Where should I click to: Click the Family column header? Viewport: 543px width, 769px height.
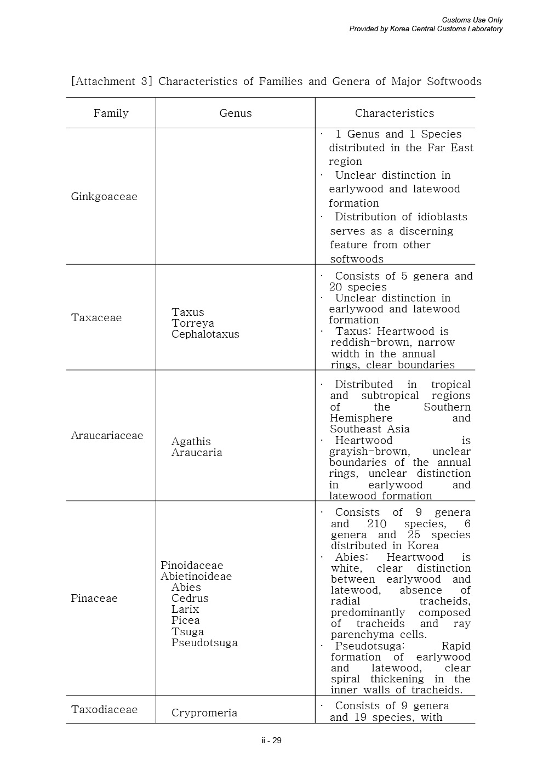[111, 113]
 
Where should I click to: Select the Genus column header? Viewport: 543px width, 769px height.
[236, 113]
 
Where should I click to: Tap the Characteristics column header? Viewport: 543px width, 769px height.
[395, 113]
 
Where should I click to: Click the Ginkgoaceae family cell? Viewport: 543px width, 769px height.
[104, 197]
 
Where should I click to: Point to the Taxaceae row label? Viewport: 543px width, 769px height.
[96, 318]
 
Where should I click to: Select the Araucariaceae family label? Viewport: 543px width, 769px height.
[107, 436]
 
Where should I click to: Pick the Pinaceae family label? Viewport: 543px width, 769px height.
[94, 599]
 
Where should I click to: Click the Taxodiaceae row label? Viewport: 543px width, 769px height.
[104, 710]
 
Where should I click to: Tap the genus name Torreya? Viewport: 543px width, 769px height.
[193, 323]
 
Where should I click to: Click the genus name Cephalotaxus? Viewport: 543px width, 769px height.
[205, 334]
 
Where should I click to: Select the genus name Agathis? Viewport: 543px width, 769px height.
[191, 442]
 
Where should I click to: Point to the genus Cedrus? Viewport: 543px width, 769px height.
[190, 599]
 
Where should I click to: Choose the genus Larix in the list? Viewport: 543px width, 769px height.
[185, 609]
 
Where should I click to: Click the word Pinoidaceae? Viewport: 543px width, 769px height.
[192, 566]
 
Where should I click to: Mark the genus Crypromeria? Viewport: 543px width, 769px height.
[204, 713]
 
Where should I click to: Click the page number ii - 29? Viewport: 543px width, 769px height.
[271, 740]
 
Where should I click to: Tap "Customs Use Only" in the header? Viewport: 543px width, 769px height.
[472, 20]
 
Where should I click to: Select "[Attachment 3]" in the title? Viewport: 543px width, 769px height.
[111, 82]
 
